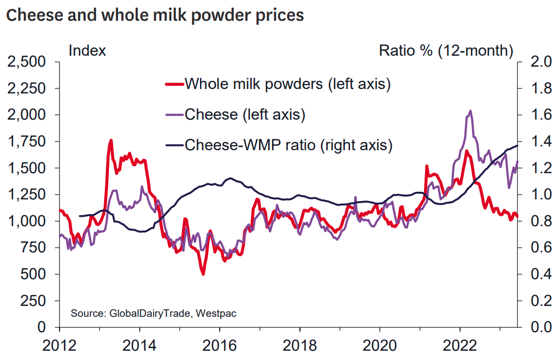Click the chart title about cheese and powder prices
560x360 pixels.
pyautogui.click(x=155, y=15)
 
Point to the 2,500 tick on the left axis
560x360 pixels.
pyautogui.click(x=27, y=62)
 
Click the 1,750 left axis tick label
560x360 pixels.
pyautogui.click(x=27, y=141)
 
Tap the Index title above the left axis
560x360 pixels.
pyautogui.click(x=87, y=51)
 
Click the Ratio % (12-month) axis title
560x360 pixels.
pyautogui.click(x=446, y=51)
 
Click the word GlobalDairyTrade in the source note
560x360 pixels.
pyautogui.click(x=143, y=314)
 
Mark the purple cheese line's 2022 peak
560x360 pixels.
pyautogui.click(x=470, y=111)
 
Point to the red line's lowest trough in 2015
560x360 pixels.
pyautogui.click(x=203, y=273)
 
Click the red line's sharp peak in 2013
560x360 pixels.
pyautogui.click(x=111, y=140)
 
